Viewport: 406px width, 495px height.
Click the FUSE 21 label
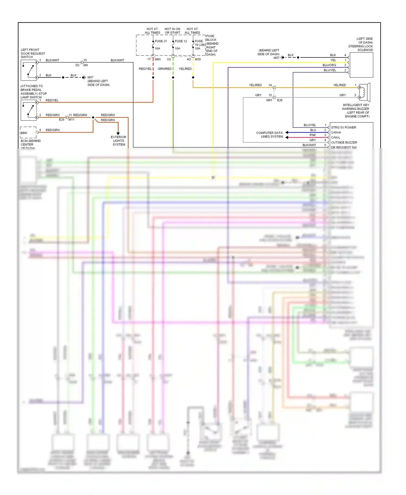pyautogui.click(x=161, y=41)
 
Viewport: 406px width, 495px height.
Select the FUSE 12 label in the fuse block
pyautogui.click(x=181, y=41)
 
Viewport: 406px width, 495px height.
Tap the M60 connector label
pyautogui.click(x=158, y=59)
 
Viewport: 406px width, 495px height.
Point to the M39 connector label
pyautogui.click(x=198, y=59)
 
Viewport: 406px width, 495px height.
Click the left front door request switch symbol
pyautogui.click(x=29, y=70)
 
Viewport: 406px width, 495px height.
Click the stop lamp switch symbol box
pyautogui.click(x=29, y=110)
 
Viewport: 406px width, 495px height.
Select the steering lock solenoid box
pyautogui.click(x=361, y=65)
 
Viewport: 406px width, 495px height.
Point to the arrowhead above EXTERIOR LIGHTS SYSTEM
pyautogui.click(x=118, y=133)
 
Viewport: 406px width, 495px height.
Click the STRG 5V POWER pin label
pyautogui.click(x=343, y=128)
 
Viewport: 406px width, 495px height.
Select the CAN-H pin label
pyautogui.click(x=336, y=132)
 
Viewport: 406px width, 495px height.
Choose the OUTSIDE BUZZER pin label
pyautogui.click(x=344, y=142)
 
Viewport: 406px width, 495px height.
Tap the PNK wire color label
pyautogui.click(x=313, y=135)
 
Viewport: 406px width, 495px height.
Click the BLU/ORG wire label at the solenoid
pyautogui.click(x=329, y=65)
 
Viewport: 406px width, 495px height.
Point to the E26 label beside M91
pyautogui.click(x=280, y=100)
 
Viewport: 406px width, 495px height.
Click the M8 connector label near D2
pyautogui.click(x=86, y=65)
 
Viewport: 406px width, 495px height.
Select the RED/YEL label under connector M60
pyautogui.click(x=145, y=69)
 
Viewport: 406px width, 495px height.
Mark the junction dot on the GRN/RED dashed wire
pyautogui.click(x=173, y=77)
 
